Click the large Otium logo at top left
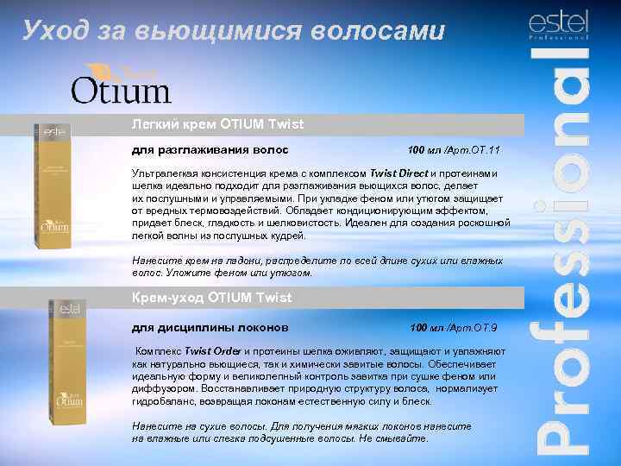(x=121, y=85)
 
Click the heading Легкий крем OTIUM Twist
(x=217, y=124)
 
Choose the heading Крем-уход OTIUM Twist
(x=211, y=298)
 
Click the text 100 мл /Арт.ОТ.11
(x=454, y=152)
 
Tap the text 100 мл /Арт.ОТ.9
(x=454, y=328)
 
